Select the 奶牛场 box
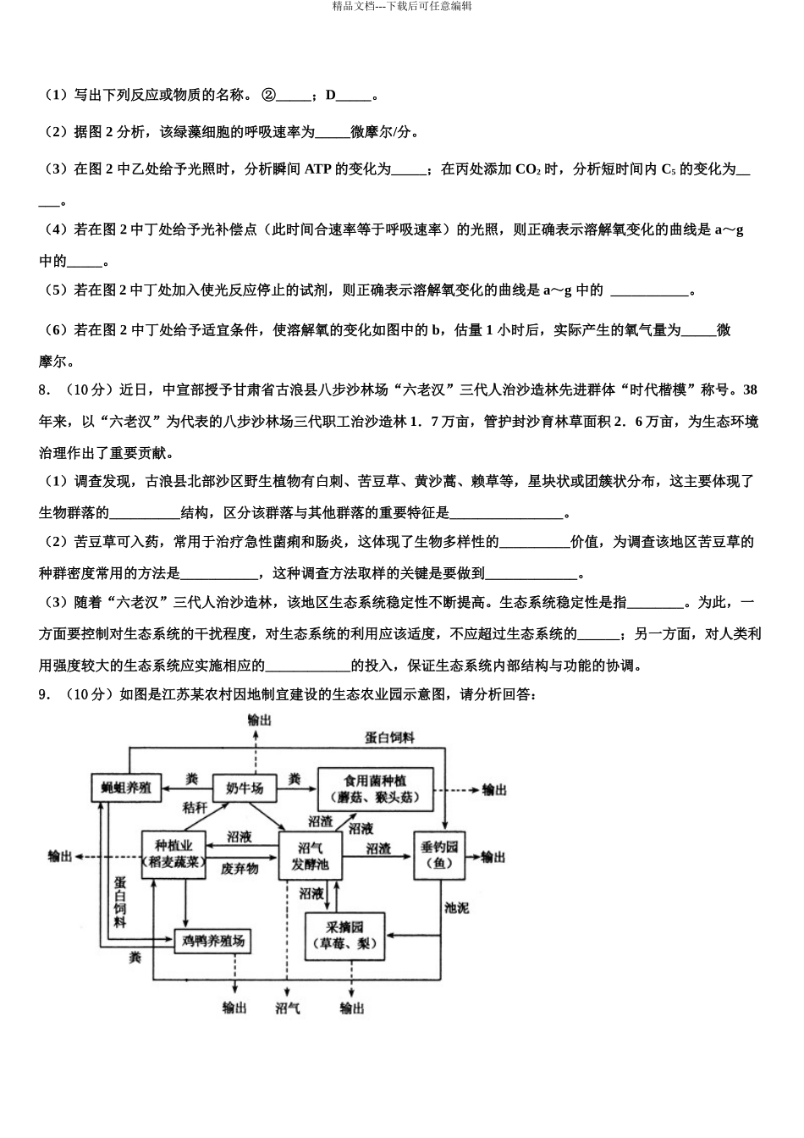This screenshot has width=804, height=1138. coord(244,787)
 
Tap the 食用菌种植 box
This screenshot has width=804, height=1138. coord(375,787)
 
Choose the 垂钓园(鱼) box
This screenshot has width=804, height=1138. coord(440,855)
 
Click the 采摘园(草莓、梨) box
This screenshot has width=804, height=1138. coord(344,935)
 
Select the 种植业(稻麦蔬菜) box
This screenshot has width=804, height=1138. coord(174,854)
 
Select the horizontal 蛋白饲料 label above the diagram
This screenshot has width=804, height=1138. coord(389,737)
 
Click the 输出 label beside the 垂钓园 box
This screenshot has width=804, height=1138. coord(493,857)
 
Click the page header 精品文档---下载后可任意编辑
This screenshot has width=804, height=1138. coord(402,6)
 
